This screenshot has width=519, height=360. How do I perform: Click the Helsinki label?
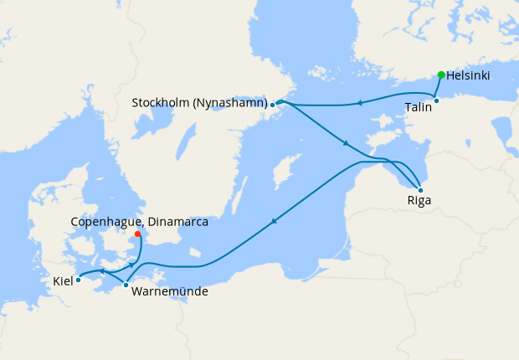(x=468, y=75)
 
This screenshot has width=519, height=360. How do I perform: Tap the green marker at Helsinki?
(x=441, y=75)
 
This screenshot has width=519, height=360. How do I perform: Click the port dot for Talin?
(x=436, y=101)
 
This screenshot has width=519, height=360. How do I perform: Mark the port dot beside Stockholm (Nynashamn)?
(x=273, y=105)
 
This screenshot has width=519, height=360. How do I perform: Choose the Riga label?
(x=419, y=202)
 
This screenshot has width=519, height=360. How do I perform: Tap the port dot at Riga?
(x=419, y=190)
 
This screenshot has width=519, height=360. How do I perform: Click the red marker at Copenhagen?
(x=137, y=234)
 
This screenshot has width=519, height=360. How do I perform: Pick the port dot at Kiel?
(x=78, y=280)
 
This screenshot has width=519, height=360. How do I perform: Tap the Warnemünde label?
(x=170, y=291)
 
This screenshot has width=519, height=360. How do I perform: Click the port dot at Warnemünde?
(x=126, y=285)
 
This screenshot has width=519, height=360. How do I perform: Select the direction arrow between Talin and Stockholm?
(x=358, y=104)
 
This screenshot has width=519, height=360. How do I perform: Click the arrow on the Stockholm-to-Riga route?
(x=346, y=144)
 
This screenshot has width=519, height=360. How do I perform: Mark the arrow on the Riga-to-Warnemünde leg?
(x=273, y=222)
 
